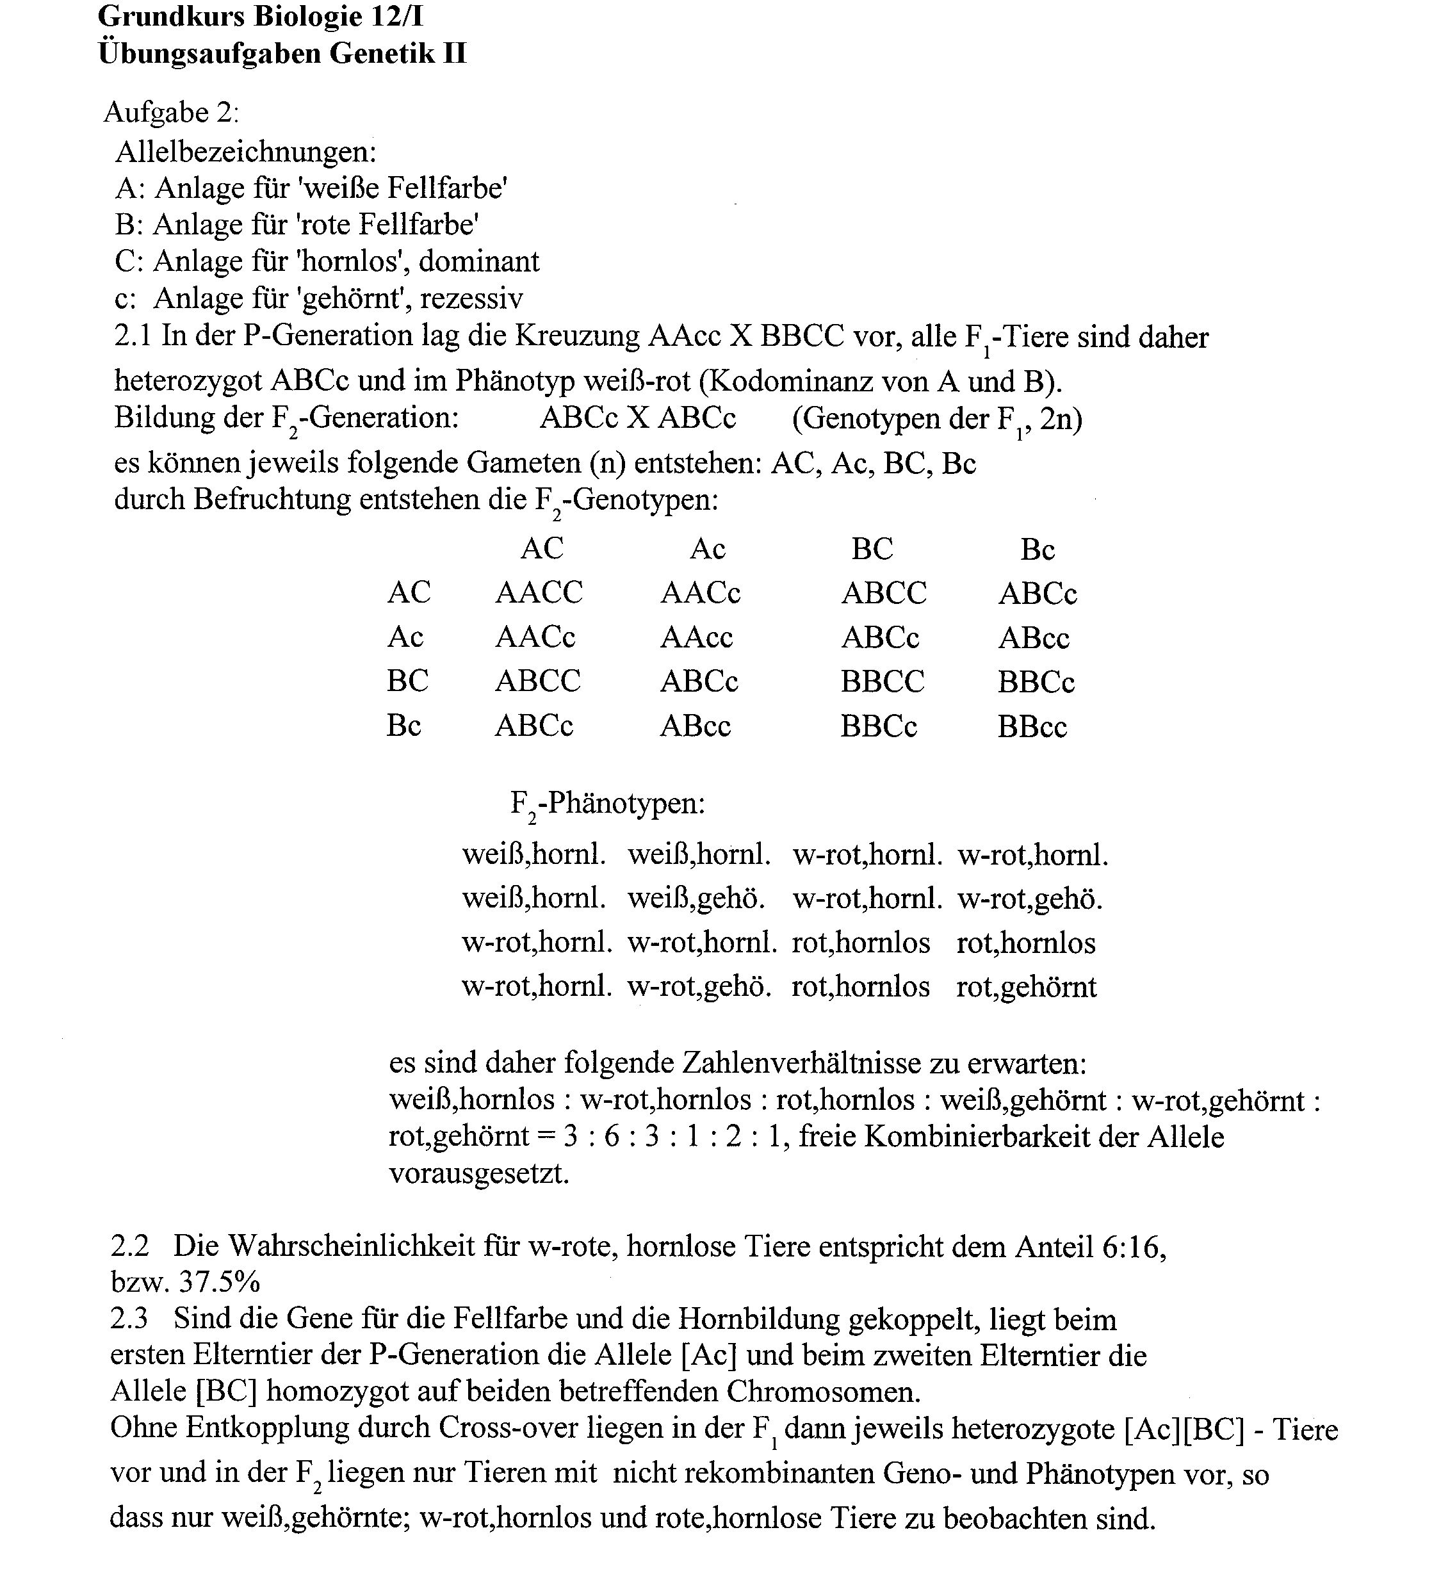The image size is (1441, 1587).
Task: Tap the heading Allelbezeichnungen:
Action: pos(245,151)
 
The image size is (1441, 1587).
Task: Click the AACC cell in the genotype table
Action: pos(539,592)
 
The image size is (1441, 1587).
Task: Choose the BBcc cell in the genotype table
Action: pos(1032,726)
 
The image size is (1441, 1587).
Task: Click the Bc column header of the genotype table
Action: pos(1038,549)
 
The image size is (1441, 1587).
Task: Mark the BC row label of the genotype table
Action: pos(408,681)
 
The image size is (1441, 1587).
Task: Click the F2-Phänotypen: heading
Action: pos(608,804)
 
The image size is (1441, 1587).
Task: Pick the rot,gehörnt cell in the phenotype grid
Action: pos(1026,986)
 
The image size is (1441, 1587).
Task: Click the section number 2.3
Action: pos(129,1319)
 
